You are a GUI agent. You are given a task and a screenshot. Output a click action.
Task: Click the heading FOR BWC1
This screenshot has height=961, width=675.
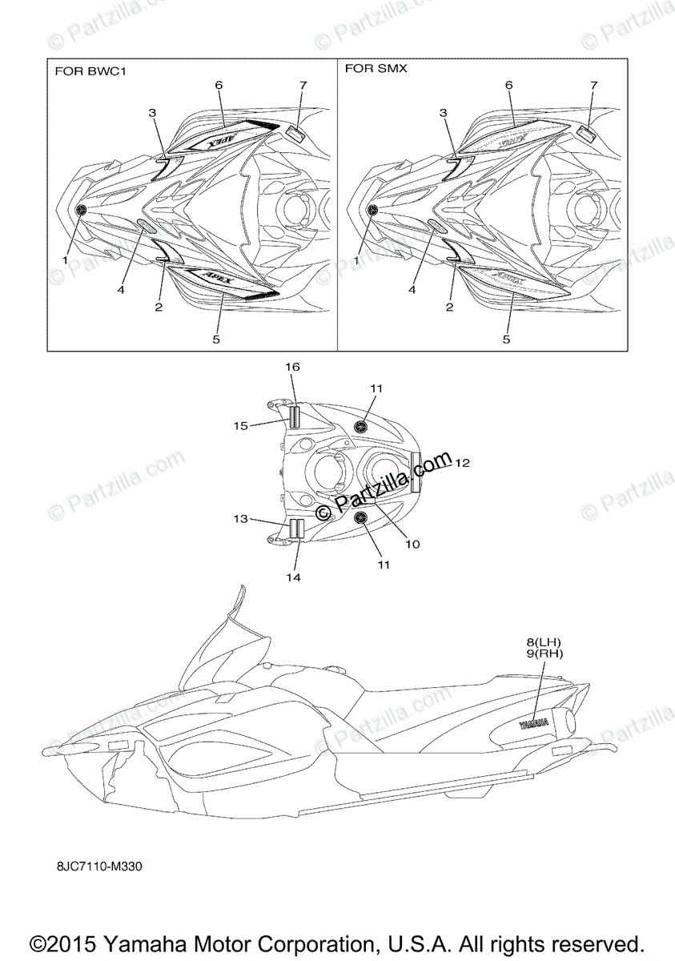[90, 70]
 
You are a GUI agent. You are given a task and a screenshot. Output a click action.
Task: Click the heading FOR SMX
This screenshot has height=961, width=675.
[376, 69]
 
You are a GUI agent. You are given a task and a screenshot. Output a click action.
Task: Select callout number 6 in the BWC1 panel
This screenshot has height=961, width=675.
[219, 85]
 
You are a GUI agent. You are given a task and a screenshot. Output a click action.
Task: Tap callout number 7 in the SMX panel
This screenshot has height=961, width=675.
[593, 85]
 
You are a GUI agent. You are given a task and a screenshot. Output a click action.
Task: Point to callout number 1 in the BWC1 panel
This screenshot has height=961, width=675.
[66, 260]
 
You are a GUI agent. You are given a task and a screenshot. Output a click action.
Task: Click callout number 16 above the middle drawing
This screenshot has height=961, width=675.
[293, 366]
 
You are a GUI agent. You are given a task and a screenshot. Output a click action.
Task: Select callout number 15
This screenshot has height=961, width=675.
[241, 426]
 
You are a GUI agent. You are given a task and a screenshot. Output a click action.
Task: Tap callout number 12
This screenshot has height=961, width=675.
[462, 463]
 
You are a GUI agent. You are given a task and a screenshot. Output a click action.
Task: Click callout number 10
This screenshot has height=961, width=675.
[412, 544]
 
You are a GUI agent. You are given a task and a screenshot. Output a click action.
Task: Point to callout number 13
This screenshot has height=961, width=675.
[241, 519]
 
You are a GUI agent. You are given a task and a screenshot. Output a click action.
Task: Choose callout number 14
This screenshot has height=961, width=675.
[293, 577]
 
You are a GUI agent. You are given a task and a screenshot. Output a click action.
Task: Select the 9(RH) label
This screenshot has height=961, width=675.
[544, 653]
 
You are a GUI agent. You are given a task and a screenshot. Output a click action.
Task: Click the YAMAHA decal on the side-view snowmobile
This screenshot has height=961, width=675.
[534, 725]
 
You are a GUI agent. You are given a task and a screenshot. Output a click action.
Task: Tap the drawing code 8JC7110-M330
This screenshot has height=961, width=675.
[100, 866]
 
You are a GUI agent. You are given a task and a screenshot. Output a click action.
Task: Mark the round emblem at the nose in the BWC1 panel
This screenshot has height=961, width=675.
[81, 210]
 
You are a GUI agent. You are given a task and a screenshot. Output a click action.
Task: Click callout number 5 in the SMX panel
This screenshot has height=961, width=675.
[506, 339]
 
